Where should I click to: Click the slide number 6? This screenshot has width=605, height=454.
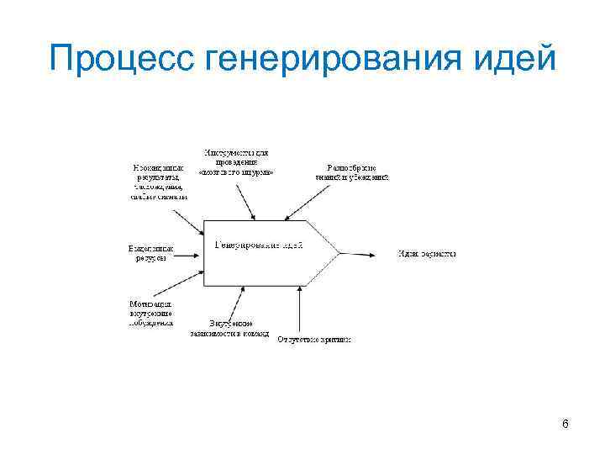(566, 424)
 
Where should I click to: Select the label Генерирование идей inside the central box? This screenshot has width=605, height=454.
(259, 245)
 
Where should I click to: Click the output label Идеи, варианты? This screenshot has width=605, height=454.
(427, 252)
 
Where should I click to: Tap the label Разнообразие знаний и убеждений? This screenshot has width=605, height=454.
(352, 172)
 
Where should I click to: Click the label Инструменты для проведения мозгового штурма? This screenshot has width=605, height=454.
(237, 161)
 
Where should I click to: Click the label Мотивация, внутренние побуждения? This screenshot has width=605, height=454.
(151, 312)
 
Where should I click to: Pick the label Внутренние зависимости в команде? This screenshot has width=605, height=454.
(234, 328)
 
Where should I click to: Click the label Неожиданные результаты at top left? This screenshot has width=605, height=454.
(159, 180)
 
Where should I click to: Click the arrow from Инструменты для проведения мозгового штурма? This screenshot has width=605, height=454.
(245, 201)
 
